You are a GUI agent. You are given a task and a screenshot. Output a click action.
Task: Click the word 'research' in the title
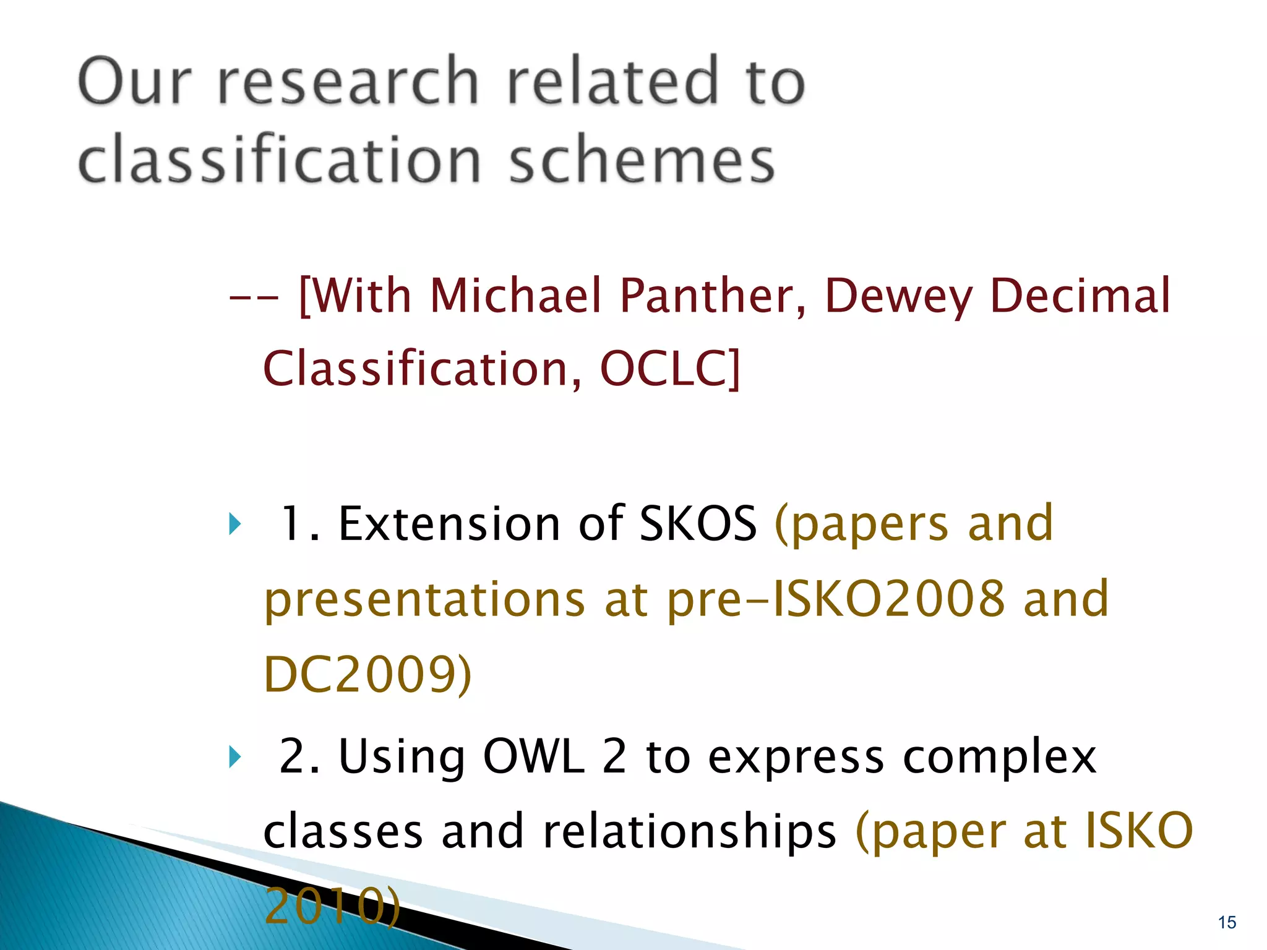(x=348, y=82)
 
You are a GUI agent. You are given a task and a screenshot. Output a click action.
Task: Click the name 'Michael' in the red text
(x=515, y=296)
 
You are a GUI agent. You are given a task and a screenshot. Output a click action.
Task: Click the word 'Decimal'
(x=1080, y=296)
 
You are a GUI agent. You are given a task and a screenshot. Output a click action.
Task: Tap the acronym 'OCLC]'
(x=670, y=369)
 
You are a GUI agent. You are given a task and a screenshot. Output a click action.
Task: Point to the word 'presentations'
(x=425, y=600)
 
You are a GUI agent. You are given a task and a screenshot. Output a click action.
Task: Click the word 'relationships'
(x=690, y=832)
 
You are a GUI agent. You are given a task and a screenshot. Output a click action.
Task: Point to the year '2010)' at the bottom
(x=332, y=905)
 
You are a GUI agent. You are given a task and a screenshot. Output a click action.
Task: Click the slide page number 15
(x=1227, y=922)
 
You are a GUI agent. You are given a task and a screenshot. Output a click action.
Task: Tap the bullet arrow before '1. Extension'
(x=234, y=524)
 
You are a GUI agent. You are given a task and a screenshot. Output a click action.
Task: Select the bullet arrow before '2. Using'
(x=234, y=756)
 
